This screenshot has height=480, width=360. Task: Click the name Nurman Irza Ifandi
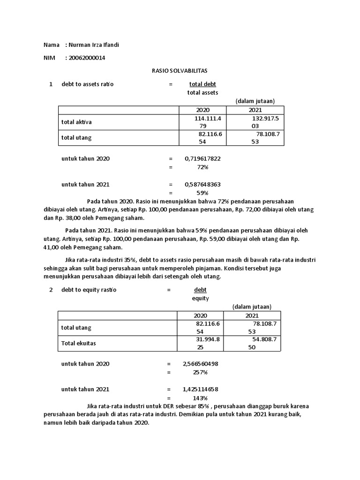click(x=97, y=45)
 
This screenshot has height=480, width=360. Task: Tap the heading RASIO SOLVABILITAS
click(x=180, y=71)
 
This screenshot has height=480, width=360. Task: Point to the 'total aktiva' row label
click(x=76, y=122)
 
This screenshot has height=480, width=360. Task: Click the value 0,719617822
click(x=202, y=158)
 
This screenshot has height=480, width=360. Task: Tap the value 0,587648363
click(x=202, y=184)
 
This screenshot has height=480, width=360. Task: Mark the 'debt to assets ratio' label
click(x=87, y=84)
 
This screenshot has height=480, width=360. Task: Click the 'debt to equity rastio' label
click(x=89, y=290)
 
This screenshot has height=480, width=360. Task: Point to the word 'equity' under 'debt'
click(x=200, y=298)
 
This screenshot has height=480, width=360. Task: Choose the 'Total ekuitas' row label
click(x=78, y=343)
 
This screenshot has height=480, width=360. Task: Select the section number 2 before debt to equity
click(x=51, y=290)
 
